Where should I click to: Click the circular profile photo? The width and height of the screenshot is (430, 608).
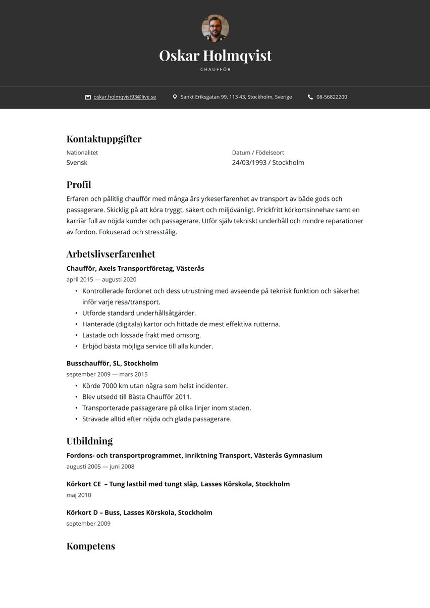coord(215,28)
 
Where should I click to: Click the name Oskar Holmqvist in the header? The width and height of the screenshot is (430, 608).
coord(215,56)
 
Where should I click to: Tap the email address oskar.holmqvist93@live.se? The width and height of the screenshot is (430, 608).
coord(125,97)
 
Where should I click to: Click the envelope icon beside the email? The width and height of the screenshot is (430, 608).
coord(88,97)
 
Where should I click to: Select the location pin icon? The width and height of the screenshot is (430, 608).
coord(175,97)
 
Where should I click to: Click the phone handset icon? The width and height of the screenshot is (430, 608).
coord(310,97)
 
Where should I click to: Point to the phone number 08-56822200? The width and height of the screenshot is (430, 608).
coord(332,97)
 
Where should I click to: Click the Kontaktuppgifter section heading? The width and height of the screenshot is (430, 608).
coord(104,139)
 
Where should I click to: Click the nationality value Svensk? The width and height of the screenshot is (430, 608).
coord(77,163)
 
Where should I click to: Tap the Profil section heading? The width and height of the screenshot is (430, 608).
coord(79,185)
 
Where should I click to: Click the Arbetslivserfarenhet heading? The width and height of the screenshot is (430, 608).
coord(111,254)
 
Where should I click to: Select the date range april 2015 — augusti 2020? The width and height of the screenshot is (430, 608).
coord(101,279)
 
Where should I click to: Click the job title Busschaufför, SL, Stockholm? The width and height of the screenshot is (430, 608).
coord(112,363)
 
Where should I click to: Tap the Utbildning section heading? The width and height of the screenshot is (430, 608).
coord(89,441)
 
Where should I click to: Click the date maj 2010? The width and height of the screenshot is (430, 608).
coord(79,495)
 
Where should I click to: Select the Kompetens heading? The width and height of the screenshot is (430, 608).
coord(91,546)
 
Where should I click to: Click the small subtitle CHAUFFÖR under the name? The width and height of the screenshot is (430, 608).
coord(215,70)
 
